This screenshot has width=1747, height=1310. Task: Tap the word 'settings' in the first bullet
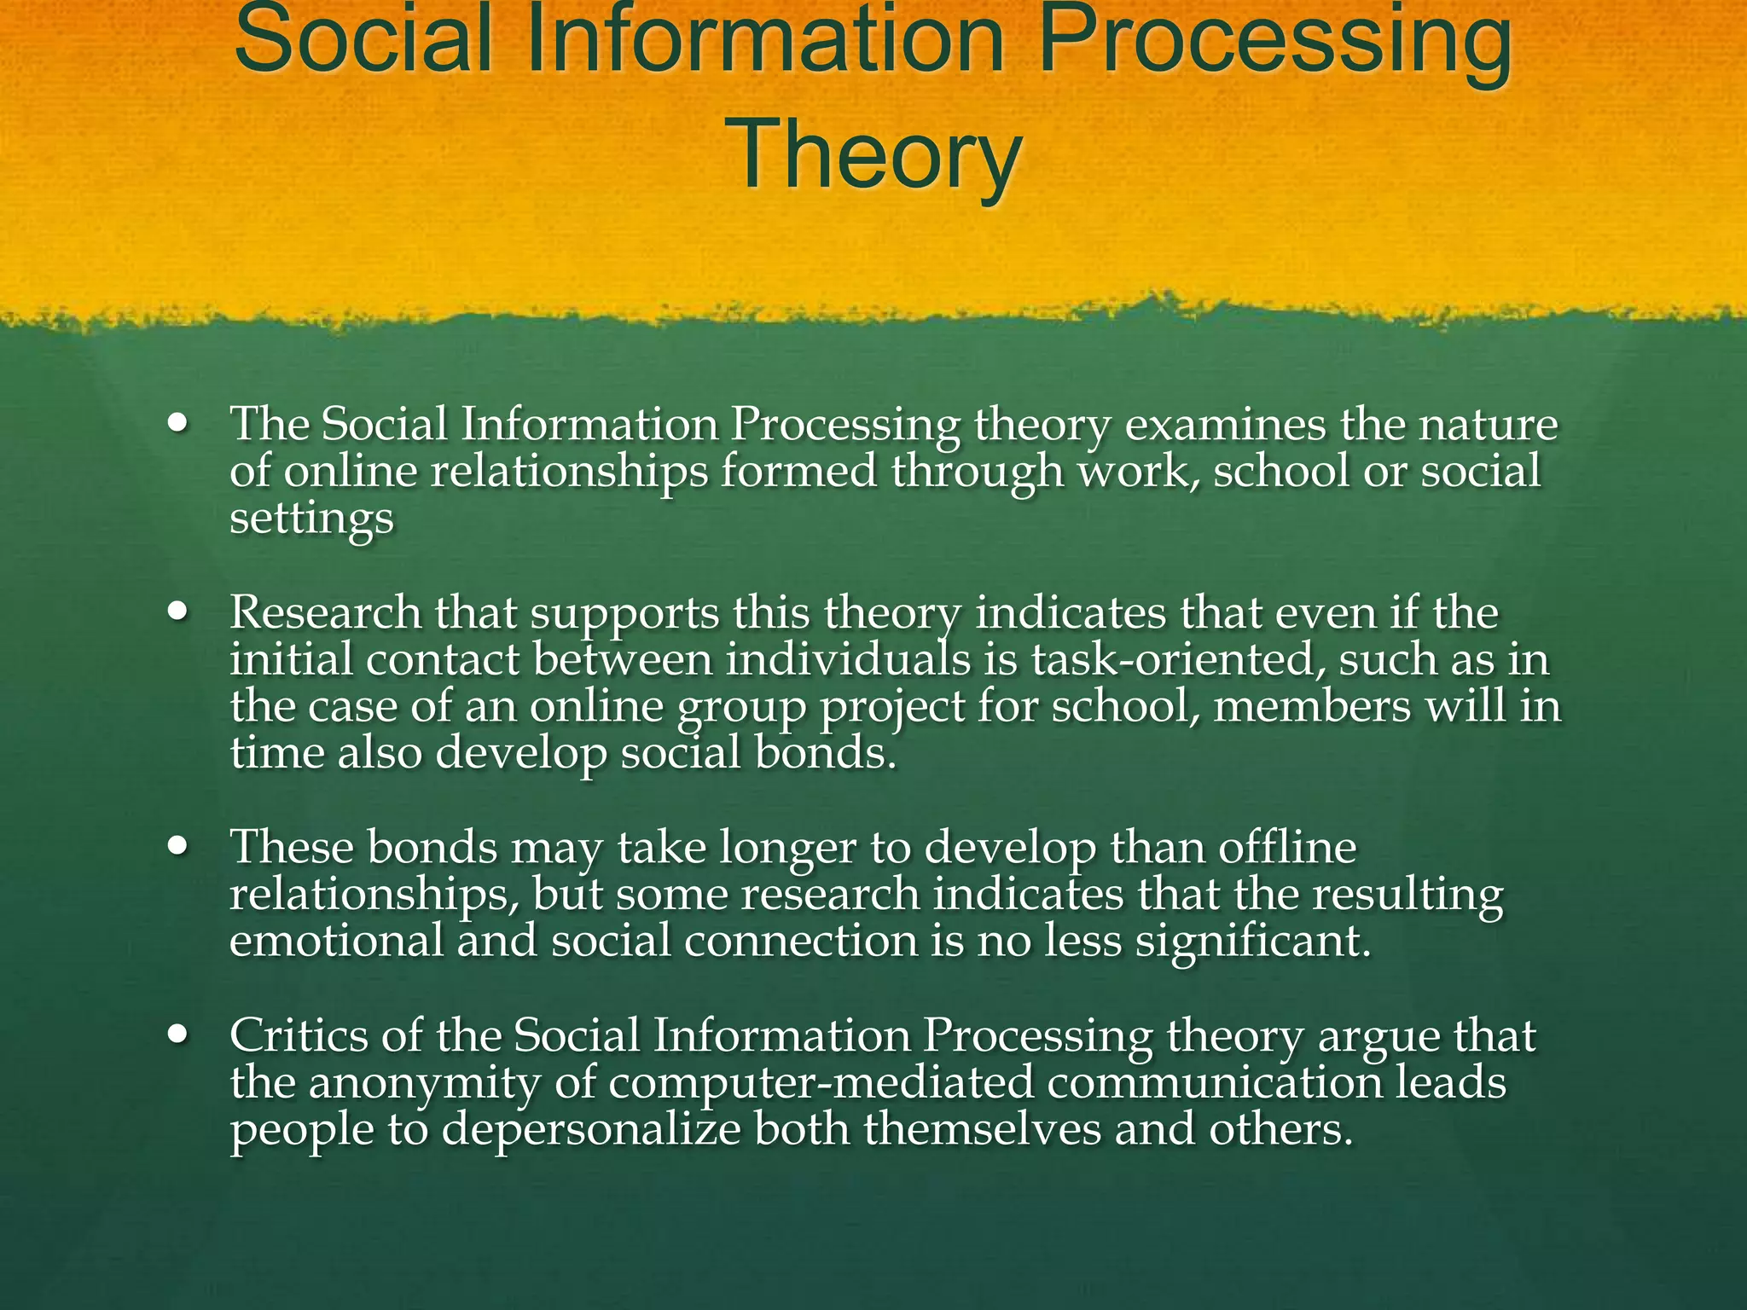pos(311,519)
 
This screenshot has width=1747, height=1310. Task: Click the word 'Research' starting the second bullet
pos(325,613)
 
